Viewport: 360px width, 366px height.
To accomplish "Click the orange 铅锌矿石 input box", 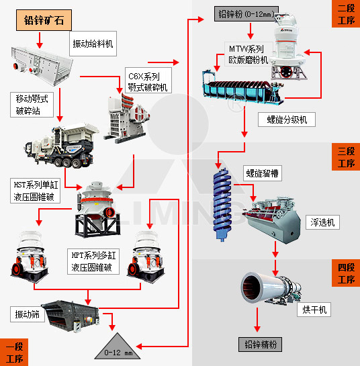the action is point(44,20).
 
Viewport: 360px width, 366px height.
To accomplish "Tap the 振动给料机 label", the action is point(93,44).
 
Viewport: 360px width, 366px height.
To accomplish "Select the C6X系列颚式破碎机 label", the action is point(148,81).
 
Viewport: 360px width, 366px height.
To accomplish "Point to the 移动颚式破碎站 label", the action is point(32,105).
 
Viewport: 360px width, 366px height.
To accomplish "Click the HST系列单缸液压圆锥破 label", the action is point(35,191).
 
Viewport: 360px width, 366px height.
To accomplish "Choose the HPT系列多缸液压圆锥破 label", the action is point(93,261).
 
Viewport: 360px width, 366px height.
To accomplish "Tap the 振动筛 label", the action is point(28,314).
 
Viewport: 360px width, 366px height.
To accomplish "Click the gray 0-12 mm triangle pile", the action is point(118,347).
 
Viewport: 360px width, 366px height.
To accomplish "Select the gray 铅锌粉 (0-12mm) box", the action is point(246,14).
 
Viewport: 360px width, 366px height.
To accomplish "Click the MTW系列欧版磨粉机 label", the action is point(249,54).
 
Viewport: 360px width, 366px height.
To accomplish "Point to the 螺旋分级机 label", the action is point(287,120).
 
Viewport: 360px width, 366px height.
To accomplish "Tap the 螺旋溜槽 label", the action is point(263,173).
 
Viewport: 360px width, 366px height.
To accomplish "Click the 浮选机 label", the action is point(322,222).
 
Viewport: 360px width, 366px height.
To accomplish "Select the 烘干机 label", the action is point(314,310).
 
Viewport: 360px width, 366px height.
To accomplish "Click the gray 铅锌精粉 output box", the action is point(260,345).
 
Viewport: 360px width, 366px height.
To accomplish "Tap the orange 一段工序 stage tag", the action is point(14,352).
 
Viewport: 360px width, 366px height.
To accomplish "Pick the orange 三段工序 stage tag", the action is point(346,157).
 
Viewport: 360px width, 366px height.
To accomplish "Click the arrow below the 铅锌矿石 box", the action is point(40,40).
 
